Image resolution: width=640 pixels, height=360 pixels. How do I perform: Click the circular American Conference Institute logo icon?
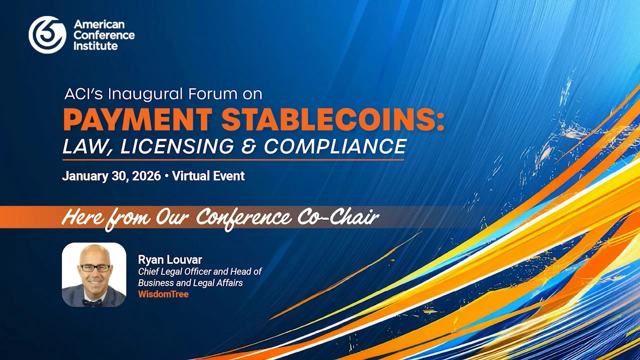click(x=47, y=34)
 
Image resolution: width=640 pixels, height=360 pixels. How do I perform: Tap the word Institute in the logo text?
click(x=95, y=45)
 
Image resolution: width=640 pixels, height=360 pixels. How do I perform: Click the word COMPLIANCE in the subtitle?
click(x=335, y=146)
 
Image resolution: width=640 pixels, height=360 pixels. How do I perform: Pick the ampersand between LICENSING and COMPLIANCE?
click(x=252, y=146)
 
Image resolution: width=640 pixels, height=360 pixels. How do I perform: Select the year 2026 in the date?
click(x=147, y=176)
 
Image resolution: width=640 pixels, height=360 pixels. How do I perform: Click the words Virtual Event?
click(x=208, y=176)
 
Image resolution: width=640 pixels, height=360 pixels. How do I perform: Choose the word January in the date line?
click(x=83, y=176)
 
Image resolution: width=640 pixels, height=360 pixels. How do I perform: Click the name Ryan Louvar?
click(x=170, y=259)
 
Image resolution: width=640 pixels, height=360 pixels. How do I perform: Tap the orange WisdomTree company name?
click(x=163, y=294)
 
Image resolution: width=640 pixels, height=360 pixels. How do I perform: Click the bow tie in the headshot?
click(x=92, y=302)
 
